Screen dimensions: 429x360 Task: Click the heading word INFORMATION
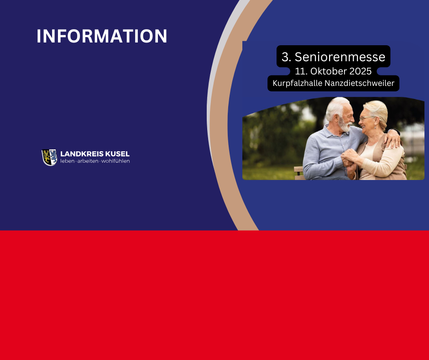(x=102, y=36)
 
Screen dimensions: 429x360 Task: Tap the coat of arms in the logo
(x=49, y=157)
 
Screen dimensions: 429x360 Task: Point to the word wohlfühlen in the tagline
(x=115, y=161)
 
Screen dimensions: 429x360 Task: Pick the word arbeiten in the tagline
(x=88, y=161)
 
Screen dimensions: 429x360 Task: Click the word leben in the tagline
(x=67, y=161)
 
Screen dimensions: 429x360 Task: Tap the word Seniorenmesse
(x=340, y=57)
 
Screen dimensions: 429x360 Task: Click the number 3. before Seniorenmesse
(x=286, y=57)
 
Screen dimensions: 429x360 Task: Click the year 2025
(x=361, y=71)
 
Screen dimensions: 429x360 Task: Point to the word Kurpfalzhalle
(x=298, y=83)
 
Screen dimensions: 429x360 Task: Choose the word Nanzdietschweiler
(x=360, y=83)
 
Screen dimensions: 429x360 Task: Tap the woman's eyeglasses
(x=366, y=118)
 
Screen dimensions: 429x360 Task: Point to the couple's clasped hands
(x=349, y=160)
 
